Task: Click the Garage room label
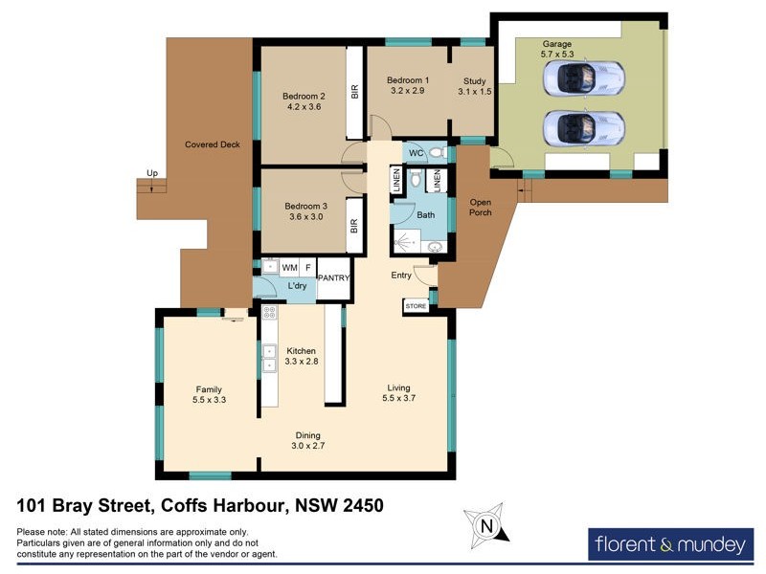pos(557,44)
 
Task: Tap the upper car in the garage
pos(583,78)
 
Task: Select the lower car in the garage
pos(583,127)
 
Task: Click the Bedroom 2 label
pos(304,96)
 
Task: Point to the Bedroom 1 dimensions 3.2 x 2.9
pos(408,91)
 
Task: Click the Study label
pos(475,80)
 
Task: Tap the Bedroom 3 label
pos(304,206)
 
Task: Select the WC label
pos(417,153)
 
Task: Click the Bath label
pos(425,215)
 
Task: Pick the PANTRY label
pos(334,278)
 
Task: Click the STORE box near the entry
pos(417,306)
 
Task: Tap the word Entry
pos(401,276)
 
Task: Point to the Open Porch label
pos(481,206)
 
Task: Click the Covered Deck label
pos(212,144)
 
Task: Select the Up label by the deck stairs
pos(151,173)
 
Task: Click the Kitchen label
pos(301,351)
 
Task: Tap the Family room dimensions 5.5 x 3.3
pos(209,401)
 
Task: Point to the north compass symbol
pos(486,525)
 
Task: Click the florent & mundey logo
pos(669,545)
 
